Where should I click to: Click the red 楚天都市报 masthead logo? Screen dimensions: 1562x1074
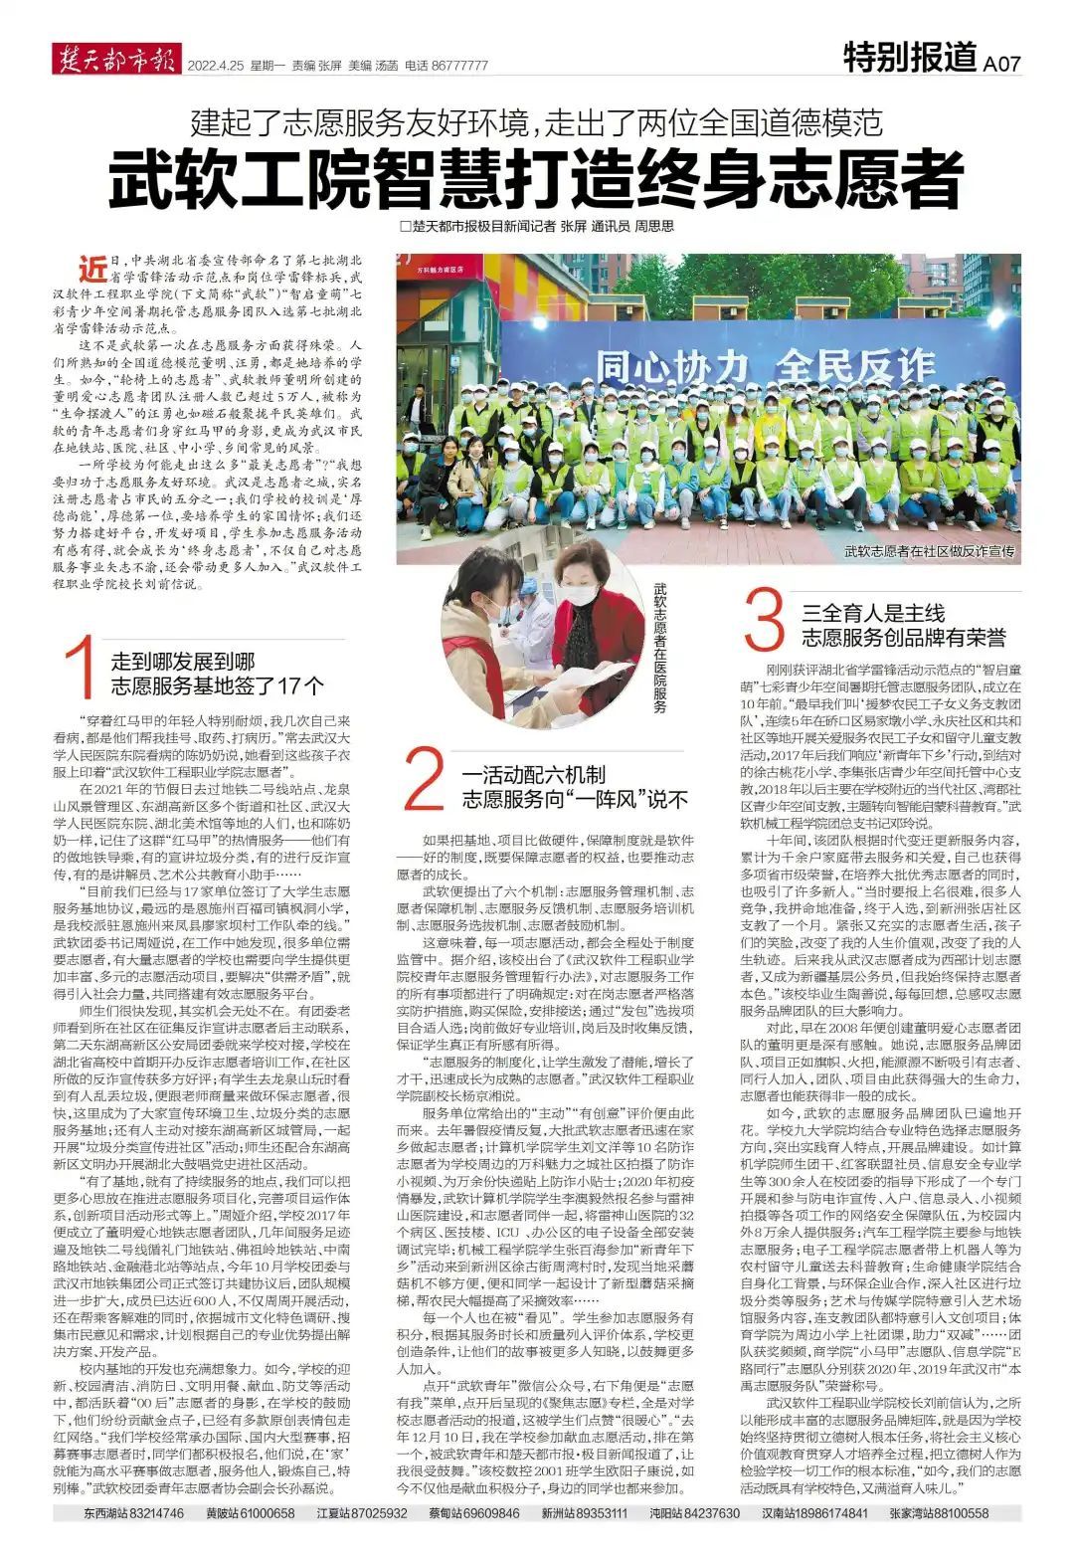click(114, 62)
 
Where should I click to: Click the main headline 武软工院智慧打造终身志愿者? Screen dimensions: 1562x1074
click(536, 177)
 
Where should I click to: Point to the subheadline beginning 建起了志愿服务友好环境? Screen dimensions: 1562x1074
click(536, 123)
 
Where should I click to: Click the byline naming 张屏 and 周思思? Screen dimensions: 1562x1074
click(536, 227)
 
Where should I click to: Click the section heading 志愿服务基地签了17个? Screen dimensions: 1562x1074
click(217, 685)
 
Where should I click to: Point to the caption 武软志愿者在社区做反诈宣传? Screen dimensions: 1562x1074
click(929, 550)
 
